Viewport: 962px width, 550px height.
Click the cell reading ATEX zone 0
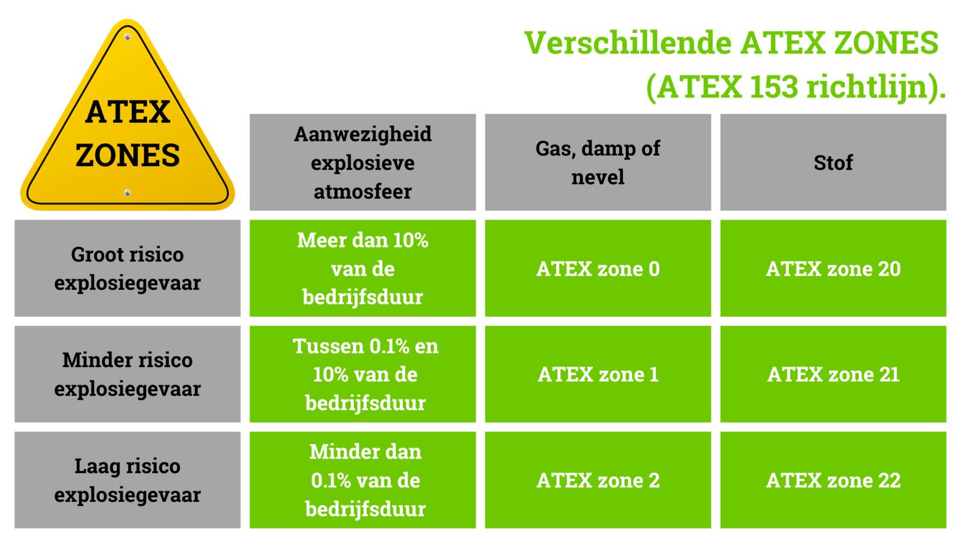[598, 268]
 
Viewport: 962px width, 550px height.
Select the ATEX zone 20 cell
[833, 268]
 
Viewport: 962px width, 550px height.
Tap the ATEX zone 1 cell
[598, 374]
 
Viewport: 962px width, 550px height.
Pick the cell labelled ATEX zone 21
[833, 374]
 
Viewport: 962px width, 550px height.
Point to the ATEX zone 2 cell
[598, 480]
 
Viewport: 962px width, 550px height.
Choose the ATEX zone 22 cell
[833, 480]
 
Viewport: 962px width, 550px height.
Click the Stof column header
[833, 162]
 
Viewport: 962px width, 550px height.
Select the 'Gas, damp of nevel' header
[598, 162]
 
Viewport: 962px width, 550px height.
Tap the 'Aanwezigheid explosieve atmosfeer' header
[363, 162]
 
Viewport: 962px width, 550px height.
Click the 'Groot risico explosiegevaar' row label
[127, 268]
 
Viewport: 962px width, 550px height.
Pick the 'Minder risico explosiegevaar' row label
[127, 374]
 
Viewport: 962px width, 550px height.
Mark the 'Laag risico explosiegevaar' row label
[127, 480]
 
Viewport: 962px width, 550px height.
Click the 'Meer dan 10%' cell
[363, 268]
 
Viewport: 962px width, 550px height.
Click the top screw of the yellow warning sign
[127, 37]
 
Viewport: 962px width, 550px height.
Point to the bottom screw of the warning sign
[127, 193]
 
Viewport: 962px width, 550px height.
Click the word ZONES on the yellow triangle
[127, 155]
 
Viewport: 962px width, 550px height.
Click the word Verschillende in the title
[628, 43]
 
